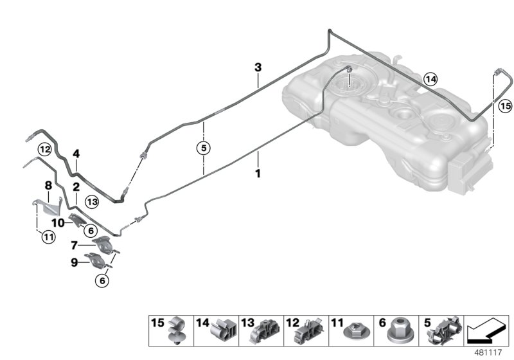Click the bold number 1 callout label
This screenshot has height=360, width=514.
coord(258,173)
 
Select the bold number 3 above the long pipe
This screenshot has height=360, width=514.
coord(258,67)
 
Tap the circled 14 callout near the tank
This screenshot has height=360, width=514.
coord(430,79)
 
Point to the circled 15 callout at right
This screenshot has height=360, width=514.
coord(505,105)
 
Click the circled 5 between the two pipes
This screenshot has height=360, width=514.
coord(203,148)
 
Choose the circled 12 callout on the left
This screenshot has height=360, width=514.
coord(44,149)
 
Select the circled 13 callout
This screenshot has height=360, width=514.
coord(91,201)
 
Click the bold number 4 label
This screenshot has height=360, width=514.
coord(76,154)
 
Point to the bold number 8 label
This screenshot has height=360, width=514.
coord(48,186)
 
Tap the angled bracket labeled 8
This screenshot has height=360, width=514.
coord(46,207)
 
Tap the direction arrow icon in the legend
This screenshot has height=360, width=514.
coord(487,332)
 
